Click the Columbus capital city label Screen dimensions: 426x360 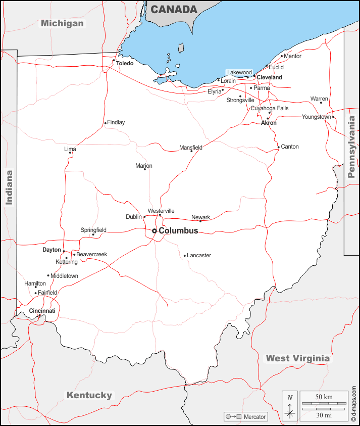click(178, 231)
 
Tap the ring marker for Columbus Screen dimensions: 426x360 click(155, 231)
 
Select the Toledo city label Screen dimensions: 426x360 click(125, 64)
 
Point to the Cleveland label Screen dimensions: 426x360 click(270, 77)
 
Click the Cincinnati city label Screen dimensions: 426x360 click(42, 310)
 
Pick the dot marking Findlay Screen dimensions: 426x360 click(105, 123)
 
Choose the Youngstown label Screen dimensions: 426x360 click(317, 117)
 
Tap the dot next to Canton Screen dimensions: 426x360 click(278, 148)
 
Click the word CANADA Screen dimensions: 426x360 click(174, 10)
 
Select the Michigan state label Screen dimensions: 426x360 click(62, 23)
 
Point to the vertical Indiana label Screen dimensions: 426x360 click(9, 187)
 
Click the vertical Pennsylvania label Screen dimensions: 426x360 click(351, 147)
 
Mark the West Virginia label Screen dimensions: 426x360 click(298, 358)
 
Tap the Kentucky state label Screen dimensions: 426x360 click(89, 395)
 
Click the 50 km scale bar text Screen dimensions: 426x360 click(324, 397)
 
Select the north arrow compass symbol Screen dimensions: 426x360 click(290, 406)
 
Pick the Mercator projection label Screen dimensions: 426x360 click(254, 417)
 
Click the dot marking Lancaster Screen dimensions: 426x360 click(185, 256)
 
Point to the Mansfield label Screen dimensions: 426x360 click(191, 148)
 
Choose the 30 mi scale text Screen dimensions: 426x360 click(324, 415)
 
